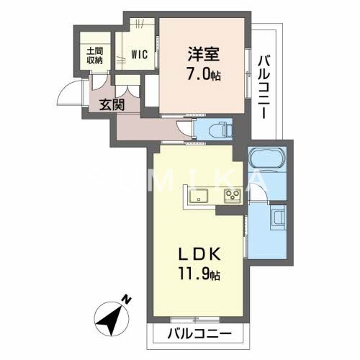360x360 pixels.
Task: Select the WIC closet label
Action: click(x=139, y=53)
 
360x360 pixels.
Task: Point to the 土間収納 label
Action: click(x=95, y=55)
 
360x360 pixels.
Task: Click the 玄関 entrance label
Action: click(x=112, y=104)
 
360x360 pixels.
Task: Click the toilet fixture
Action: click(x=218, y=130)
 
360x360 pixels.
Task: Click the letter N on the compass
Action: click(x=126, y=300)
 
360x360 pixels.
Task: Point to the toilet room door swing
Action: click(x=187, y=130)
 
